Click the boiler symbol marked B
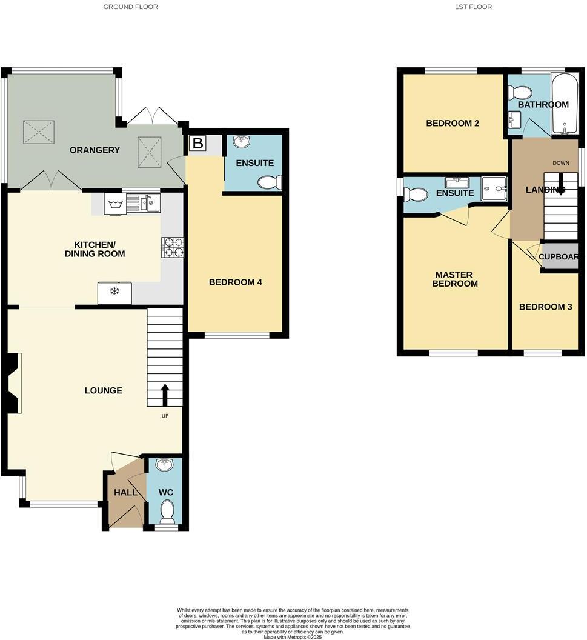point(197,144)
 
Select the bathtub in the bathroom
point(565,104)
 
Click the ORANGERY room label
point(95,150)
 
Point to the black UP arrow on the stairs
point(165,395)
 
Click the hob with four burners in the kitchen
point(172,247)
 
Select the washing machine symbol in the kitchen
point(114,204)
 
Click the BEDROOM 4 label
point(235,282)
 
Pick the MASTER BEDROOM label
point(456,279)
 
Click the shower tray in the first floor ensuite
point(494,189)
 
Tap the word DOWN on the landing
point(560,163)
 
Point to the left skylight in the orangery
point(35,132)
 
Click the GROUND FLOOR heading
point(130,7)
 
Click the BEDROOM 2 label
point(453,123)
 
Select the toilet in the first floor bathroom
point(519,93)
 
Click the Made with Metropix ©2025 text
point(293,636)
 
